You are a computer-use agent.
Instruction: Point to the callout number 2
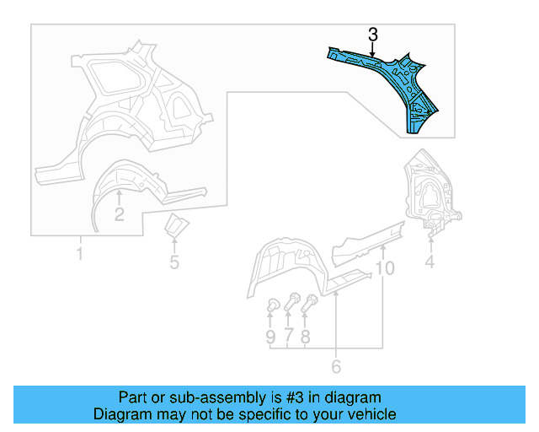pyautogui.click(x=119, y=214)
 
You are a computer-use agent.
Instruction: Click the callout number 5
pyautogui.click(x=174, y=262)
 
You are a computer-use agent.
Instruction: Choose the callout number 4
pyautogui.click(x=430, y=262)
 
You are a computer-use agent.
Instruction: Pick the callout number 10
pyautogui.click(x=384, y=269)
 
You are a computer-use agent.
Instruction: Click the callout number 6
pyautogui.click(x=336, y=366)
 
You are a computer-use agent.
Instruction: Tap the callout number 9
pyautogui.click(x=270, y=337)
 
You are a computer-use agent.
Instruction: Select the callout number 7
pyautogui.click(x=289, y=337)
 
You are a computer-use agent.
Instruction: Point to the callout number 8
pyautogui.click(x=306, y=337)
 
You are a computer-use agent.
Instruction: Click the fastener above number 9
pyautogui.click(x=272, y=305)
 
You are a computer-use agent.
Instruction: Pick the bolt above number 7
pyautogui.click(x=292, y=300)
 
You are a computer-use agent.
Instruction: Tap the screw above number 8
pyautogui.click(x=311, y=300)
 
